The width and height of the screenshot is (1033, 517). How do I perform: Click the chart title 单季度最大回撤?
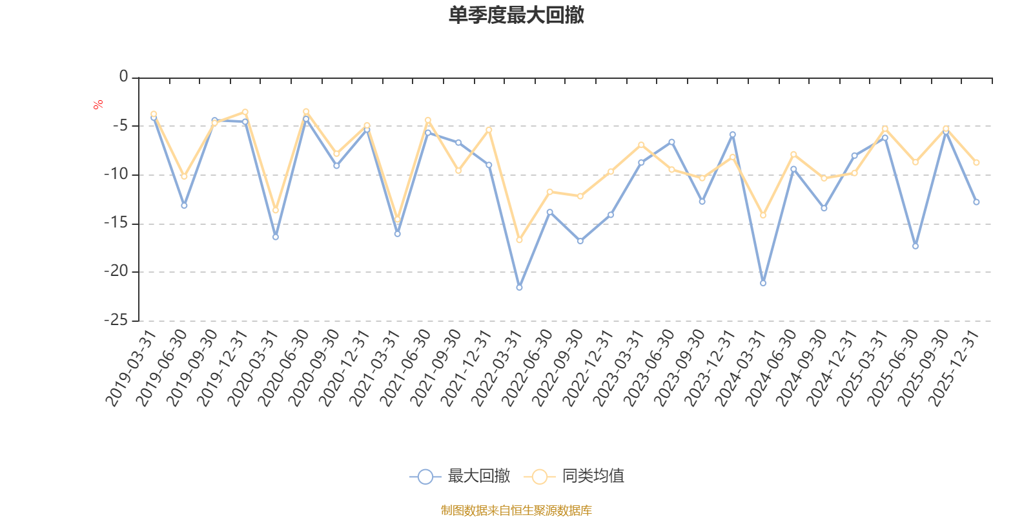[x=516, y=16]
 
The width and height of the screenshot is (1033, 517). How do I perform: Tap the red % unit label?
[x=98, y=105]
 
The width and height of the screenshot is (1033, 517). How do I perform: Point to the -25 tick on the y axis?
[x=116, y=321]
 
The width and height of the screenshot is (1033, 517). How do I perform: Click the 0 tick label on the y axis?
[x=123, y=78]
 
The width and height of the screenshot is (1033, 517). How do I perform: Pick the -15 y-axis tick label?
[x=116, y=224]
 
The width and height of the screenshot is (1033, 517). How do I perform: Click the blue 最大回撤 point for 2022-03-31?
[x=519, y=287]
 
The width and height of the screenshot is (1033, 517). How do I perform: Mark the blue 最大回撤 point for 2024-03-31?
[x=763, y=283]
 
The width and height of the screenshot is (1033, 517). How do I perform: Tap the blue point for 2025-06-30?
[x=915, y=246]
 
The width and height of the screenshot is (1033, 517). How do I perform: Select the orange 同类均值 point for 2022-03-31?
[x=519, y=240]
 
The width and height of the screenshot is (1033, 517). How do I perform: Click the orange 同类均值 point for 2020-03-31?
[x=276, y=211]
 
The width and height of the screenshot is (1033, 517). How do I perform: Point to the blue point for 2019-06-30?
[x=184, y=206]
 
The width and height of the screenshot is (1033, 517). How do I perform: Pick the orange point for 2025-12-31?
[x=976, y=162]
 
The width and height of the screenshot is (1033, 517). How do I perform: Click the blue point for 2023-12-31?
[x=733, y=134]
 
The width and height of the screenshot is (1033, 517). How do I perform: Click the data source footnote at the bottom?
[x=516, y=511]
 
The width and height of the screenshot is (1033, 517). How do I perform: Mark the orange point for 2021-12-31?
[x=489, y=130]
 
